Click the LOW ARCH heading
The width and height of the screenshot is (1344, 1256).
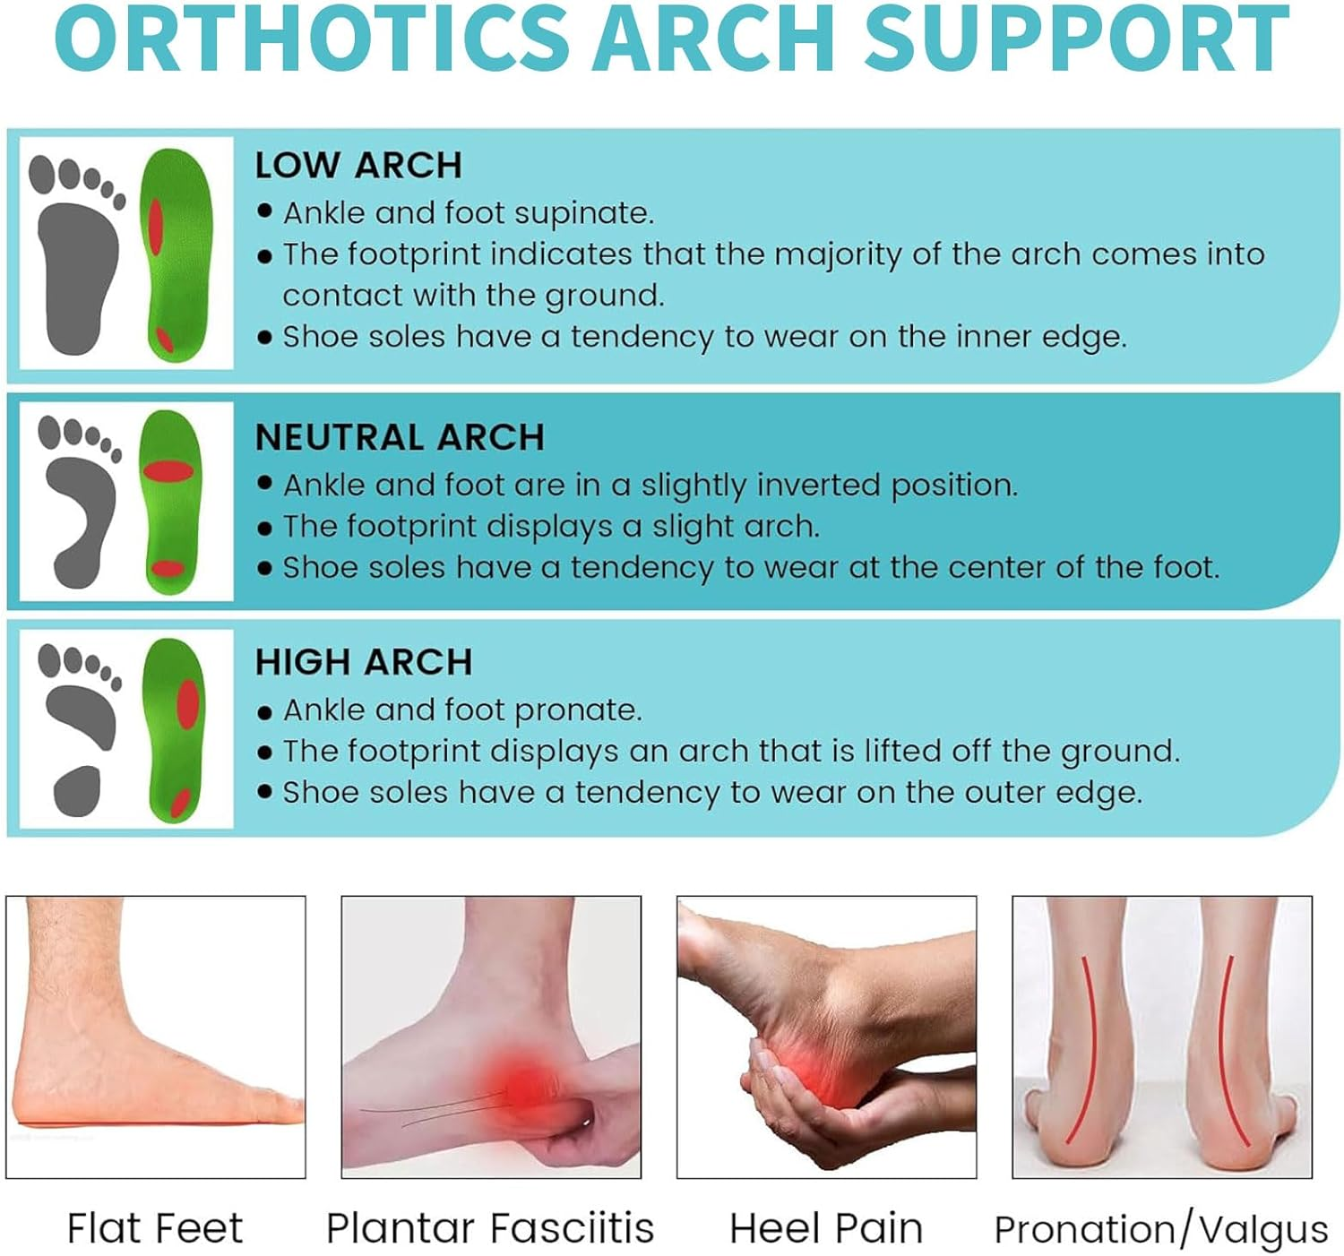(358, 166)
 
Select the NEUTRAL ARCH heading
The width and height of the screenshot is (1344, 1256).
(400, 437)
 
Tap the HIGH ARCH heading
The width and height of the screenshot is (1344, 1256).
(363, 662)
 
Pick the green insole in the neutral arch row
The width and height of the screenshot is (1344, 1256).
(169, 502)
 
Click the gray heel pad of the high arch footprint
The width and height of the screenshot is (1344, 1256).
(78, 790)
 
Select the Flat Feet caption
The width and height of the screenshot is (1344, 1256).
(154, 1228)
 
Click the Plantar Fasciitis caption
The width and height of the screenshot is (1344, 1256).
(489, 1228)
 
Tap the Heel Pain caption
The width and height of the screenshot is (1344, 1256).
(825, 1228)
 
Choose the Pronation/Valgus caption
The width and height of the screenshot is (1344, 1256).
(1161, 1230)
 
